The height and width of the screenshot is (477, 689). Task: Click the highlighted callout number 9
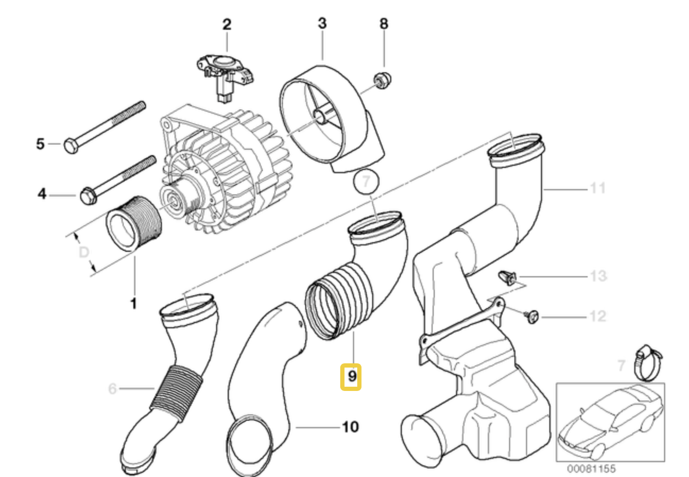351,377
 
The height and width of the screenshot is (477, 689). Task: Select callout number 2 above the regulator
227,24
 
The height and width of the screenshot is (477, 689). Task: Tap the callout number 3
322,23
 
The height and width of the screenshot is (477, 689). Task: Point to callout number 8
384,23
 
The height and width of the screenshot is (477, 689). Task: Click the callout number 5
40,143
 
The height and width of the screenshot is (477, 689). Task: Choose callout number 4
42,195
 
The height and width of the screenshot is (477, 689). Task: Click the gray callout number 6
112,389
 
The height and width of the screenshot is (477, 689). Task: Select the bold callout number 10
350,427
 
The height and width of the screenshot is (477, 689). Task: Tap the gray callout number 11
598,188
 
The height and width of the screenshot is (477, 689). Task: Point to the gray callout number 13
598,277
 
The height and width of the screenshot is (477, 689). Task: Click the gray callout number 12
598,317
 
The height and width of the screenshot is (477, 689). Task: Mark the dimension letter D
83,252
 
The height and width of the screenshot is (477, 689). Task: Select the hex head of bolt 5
71,145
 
